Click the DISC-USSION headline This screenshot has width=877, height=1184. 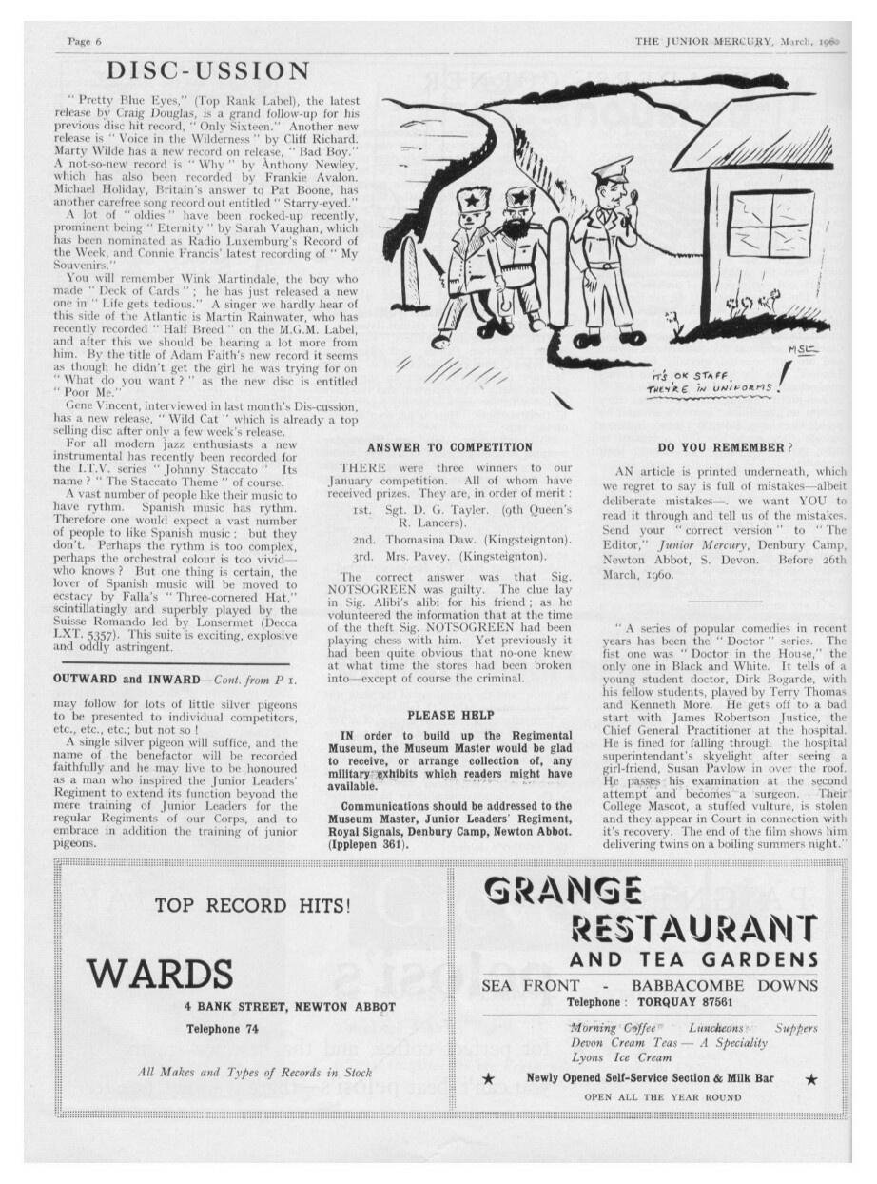[x=208, y=70]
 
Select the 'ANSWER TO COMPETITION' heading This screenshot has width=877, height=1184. [x=449, y=446]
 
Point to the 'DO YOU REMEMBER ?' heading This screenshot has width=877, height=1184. [x=720, y=446]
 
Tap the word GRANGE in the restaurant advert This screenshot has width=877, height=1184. [x=563, y=890]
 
